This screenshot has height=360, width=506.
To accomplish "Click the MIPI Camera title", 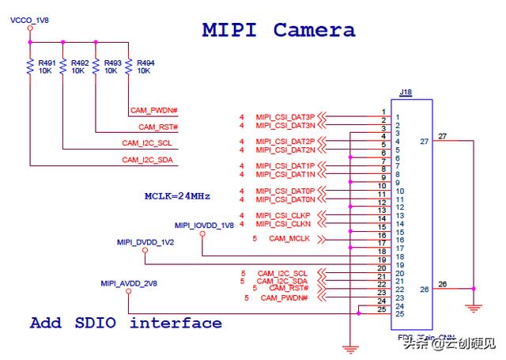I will [x=278, y=30].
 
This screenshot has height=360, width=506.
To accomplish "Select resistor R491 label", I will [x=47, y=62].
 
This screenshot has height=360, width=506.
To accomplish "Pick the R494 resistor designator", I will [x=145, y=62].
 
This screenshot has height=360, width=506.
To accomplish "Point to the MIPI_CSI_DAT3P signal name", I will [x=285, y=117].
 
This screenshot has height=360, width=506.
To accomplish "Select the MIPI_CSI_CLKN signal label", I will [x=285, y=224].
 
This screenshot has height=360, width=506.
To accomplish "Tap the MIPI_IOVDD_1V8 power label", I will [x=204, y=225].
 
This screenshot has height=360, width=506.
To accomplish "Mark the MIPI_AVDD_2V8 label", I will [x=128, y=282].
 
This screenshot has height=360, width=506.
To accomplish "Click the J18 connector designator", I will [x=406, y=93].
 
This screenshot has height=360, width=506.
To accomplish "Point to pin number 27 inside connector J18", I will [x=425, y=141].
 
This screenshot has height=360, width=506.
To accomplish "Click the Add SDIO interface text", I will [x=126, y=323].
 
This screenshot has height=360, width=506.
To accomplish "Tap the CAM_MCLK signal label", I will [x=289, y=238].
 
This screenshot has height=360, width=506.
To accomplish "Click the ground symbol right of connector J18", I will [x=474, y=307].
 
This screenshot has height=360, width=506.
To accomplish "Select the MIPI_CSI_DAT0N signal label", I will [x=285, y=199].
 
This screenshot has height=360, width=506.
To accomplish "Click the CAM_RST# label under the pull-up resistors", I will [x=158, y=127].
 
